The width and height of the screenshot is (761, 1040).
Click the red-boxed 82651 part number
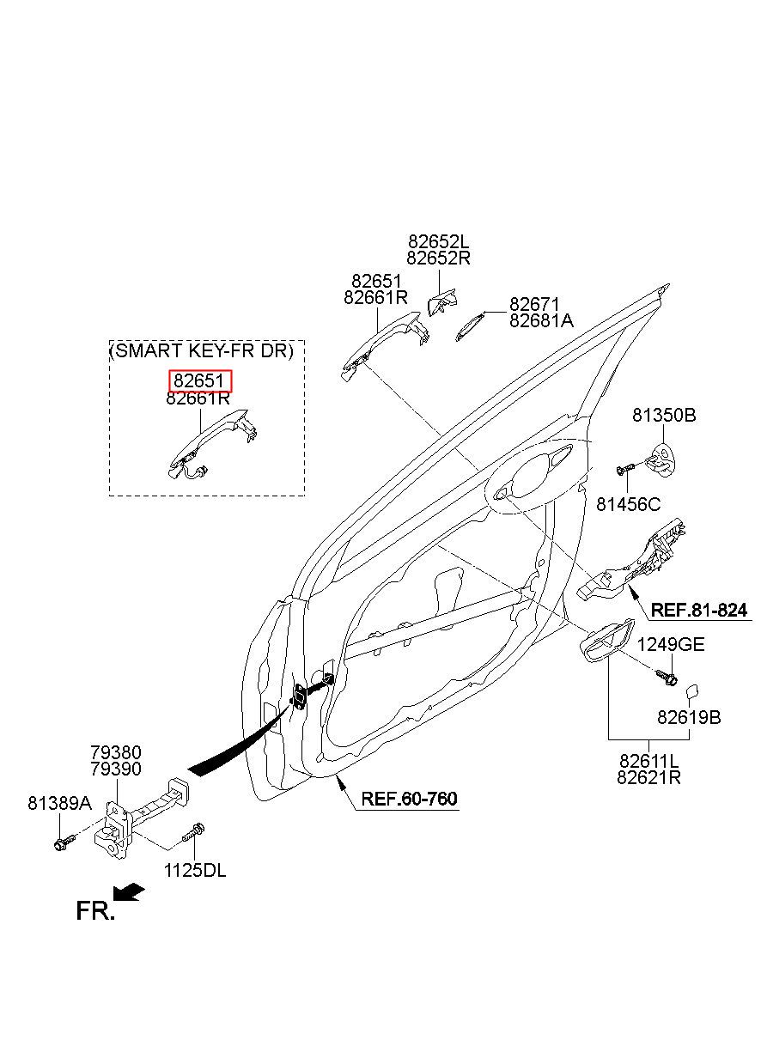tap(198, 381)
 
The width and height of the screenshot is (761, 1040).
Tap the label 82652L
tap(439, 241)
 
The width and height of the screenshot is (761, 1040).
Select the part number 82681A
tap(541, 321)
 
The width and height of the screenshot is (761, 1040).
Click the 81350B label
tap(664, 415)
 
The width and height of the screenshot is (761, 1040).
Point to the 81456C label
tap(628, 504)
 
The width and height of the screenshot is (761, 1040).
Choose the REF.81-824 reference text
tap(699, 610)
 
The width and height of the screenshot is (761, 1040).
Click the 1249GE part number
tap(671, 644)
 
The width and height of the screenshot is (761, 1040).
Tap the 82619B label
tap(689, 718)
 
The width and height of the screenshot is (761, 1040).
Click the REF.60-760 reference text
tap(409, 799)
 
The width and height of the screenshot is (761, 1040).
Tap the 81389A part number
tap(59, 803)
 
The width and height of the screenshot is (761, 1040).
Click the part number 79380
tap(116, 752)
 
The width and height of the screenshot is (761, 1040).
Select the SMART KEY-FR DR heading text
tap(202, 351)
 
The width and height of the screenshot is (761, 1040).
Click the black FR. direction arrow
tap(129, 892)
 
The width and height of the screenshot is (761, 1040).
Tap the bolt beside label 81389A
tap(64, 842)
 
